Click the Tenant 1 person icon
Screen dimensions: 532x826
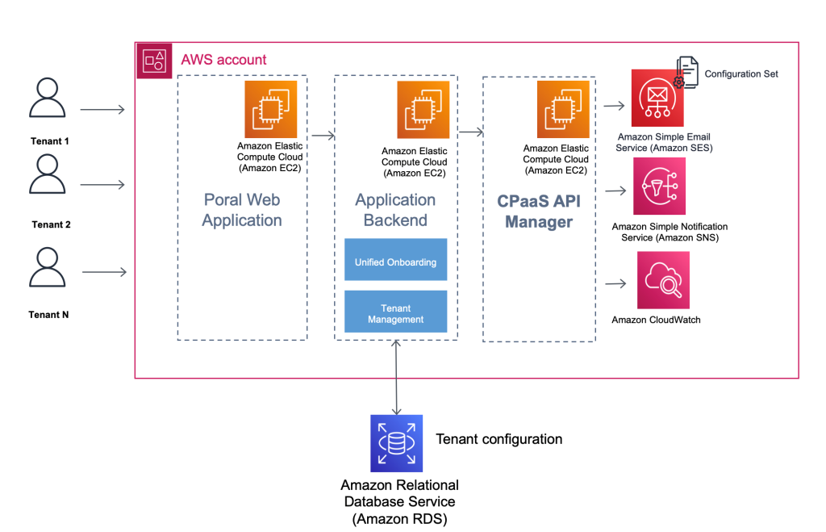(x=48, y=98)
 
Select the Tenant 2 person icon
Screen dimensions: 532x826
(x=48, y=174)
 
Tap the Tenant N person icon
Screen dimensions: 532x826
(x=48, y=268)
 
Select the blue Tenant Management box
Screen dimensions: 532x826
(x=395, y=313)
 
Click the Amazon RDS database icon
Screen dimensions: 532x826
(x=396, y=443)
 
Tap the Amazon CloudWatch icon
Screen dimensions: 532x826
(x=663, y=280)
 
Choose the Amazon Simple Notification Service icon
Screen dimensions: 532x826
(x=659, y=186)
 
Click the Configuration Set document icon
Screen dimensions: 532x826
(x=687, y=73)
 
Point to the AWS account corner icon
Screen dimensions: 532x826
(x=153, y=61)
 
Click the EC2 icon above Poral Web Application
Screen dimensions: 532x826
(x=271, y=109)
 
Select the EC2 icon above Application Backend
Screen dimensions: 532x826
(x=423, y=110)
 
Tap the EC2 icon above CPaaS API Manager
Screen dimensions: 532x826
(x=564, y=110)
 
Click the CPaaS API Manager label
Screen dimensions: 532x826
(x=538, y=212)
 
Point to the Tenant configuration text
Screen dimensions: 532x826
(x=499, y=439)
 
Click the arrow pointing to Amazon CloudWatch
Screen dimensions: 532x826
(x=615, y=283)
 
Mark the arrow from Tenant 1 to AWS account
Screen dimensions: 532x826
(x=102, y=109)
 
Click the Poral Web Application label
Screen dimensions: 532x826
(x=242, y=210)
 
